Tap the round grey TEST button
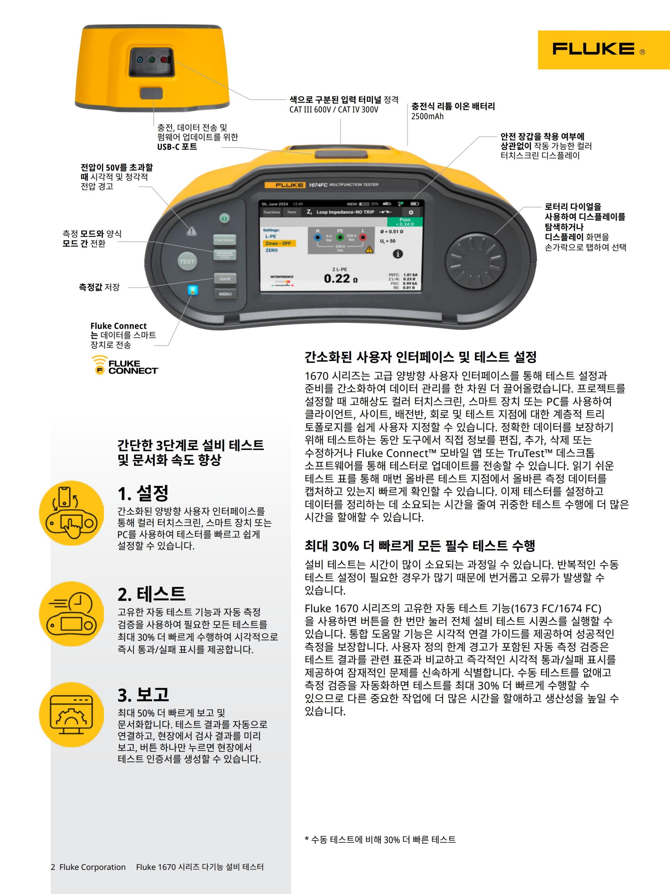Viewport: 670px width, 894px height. point(187,262)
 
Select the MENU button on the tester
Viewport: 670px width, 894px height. point(225,294)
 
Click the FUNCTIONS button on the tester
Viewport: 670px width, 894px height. point(224,240)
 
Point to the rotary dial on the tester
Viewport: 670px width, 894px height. point(475,257)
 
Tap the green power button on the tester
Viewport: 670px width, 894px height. point(224,218)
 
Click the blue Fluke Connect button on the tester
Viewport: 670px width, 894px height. point(193,290)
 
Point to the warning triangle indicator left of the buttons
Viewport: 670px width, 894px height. point(192,231)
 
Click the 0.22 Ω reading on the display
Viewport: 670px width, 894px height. point(341,278)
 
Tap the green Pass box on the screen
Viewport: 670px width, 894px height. point(405,221)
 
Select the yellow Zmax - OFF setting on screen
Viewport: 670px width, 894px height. point(279,243)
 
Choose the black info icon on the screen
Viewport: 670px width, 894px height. point(398,254)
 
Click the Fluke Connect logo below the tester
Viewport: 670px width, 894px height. point(125,365)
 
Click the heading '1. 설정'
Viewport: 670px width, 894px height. point(143,493)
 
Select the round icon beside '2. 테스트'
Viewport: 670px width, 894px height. point(72,614)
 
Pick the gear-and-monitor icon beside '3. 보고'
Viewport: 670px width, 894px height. point(72,715)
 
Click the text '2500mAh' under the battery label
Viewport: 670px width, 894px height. point(427,116)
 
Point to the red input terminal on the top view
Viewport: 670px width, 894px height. point(164,60)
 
